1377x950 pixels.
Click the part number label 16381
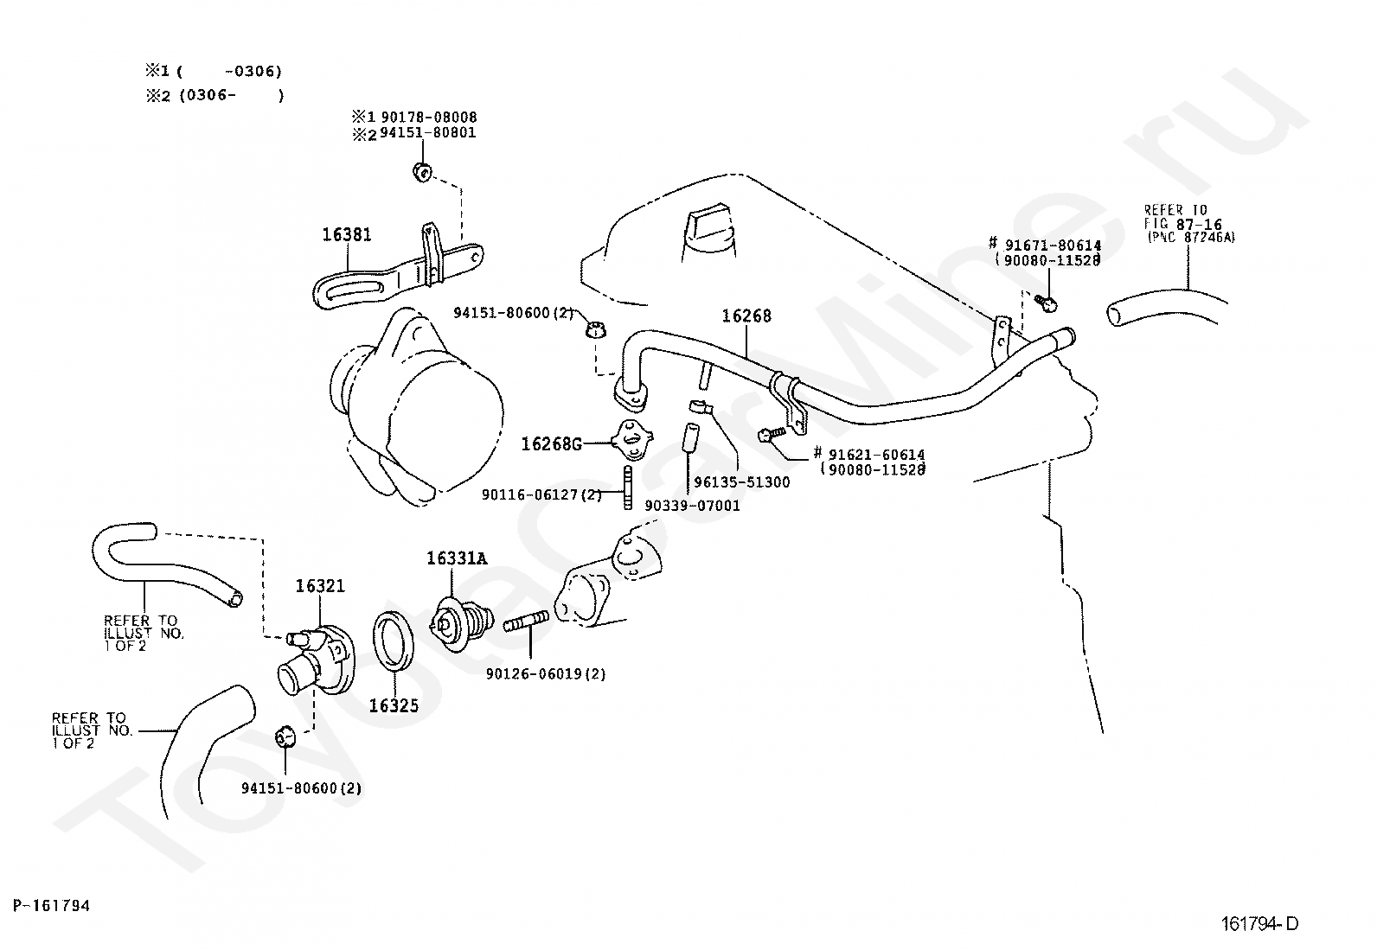(x=347, y=235)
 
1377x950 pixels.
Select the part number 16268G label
(x=551, y=443)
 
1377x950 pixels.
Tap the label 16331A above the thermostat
(x=457, y=558)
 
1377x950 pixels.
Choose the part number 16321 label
(x=320, y=586)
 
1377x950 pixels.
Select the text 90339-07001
(x=692, y=506)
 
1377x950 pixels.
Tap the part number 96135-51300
(x=742, y=482)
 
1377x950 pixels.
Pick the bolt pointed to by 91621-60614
(x=772, y=434)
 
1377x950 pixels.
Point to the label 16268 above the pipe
(x=746, y=316)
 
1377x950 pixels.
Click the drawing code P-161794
(x=52, y=905)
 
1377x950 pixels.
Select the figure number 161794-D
(x=1259, y=923)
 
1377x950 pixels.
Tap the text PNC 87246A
(x=1193, y=237)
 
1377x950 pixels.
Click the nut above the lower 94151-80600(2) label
(x=285, y=736)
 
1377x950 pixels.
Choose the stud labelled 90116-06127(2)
(x=627, y=487)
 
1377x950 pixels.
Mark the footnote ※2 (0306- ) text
(x=215, y=96)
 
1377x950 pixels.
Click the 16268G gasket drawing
(x=631, y=439)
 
